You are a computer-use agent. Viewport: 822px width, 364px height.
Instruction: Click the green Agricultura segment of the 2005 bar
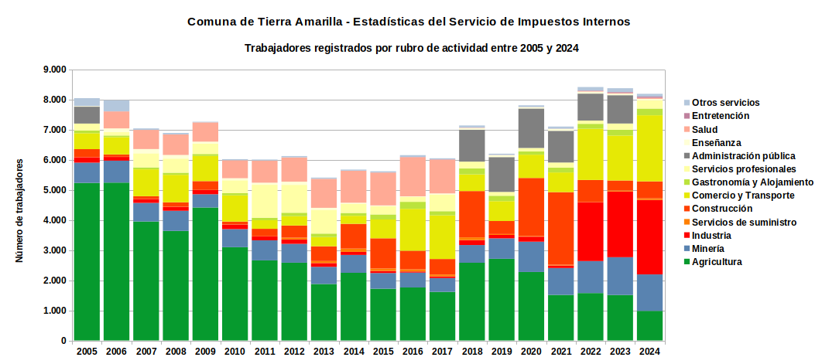(87, 262)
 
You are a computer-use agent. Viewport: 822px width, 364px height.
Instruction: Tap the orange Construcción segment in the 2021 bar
(561, 228)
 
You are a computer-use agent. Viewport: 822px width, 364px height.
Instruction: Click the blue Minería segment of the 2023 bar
(620, 276)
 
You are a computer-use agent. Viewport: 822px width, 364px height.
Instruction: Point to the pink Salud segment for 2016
(413, 176)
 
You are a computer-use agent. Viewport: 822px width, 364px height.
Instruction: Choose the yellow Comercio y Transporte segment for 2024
(649, 148)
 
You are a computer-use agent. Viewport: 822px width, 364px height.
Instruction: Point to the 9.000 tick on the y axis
(55, 70)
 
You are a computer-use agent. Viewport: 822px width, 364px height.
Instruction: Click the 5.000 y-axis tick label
(55, 191)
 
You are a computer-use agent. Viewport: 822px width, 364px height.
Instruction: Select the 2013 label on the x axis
(324, 351)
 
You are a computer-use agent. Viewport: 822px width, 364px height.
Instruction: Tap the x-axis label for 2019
(501, 351)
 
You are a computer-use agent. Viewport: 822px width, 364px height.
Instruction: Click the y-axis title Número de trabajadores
(19, 210)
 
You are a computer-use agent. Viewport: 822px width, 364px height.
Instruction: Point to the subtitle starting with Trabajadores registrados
(412, 49)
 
